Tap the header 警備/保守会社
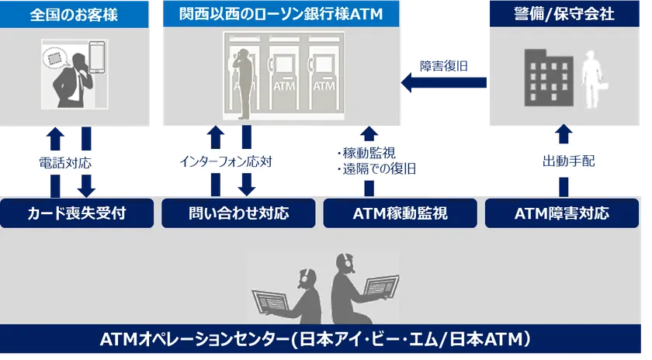(x=565, y=14)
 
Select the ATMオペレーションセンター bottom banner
(x=326, y=339)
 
